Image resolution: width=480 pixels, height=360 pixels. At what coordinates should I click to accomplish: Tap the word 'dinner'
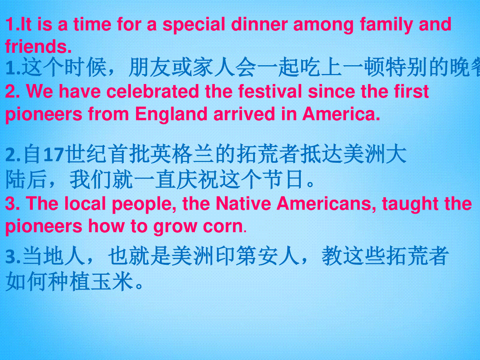click(259, 24)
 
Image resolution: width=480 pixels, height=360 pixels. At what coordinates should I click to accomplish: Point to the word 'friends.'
click(38, 46)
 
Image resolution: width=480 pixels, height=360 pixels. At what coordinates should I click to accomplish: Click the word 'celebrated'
click(153, 91)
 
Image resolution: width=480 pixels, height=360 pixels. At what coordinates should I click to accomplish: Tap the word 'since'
click(331, 91)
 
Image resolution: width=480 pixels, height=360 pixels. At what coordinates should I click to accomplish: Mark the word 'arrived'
click(244, 114)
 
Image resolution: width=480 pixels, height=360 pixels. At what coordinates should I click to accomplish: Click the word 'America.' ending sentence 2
click(341, 114)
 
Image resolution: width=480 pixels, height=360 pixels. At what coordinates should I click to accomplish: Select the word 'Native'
click(243, 204)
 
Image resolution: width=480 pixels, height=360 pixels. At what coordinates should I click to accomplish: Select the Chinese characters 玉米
click(112, 281)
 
